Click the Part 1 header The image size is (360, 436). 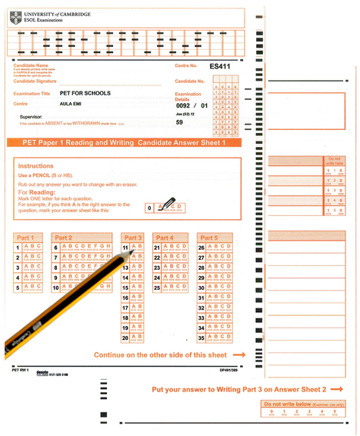(25, 238)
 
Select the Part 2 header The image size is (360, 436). (64, 238)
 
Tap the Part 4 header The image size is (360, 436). (165, 238)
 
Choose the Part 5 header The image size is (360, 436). (208, 238)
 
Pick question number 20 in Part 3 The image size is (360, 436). (125, 337)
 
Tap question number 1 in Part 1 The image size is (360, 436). (17, 248)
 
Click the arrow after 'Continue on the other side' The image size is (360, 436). (239, 354)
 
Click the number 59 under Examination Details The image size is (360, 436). (179, 122)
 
